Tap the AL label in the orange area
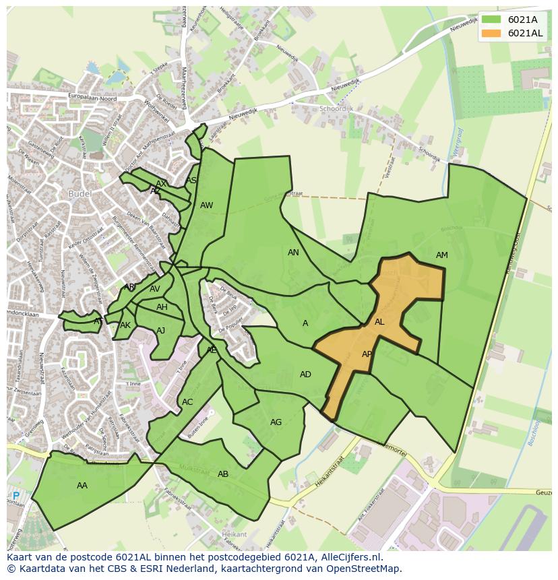point(379,322)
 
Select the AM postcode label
point(441,255)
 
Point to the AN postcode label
point(293,253)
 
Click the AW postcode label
point(206,205)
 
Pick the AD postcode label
point(305,375)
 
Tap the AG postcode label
point(276,422)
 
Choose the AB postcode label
point(223,474)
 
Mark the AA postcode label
point(82,486)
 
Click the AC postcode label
point(187,402)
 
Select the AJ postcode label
point(160,331)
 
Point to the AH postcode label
point(162,307)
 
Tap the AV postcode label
point(155,289)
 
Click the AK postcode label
point(125,325)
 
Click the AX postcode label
point(161,184)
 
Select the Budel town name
point(80,194)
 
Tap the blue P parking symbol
point(16,496)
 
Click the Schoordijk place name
point(338,108)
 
